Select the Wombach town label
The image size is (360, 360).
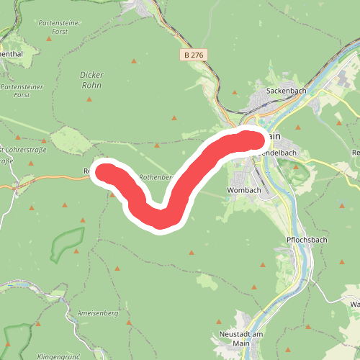(243, 189)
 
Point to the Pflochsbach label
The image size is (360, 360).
(307, 239)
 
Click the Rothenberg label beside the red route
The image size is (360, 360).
(156, 176)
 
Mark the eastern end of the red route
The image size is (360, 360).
(251, 138)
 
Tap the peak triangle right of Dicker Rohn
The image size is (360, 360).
(133, 60)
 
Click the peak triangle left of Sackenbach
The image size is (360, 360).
(235, 91)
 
